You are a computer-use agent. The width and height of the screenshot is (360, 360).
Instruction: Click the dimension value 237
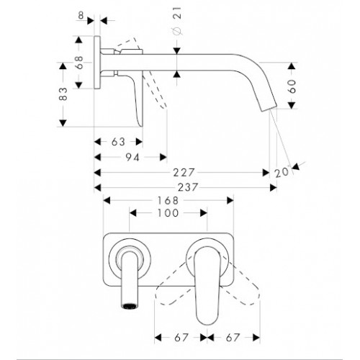tap(188, 187)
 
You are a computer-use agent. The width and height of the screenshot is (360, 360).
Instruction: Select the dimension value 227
tap(184, 173)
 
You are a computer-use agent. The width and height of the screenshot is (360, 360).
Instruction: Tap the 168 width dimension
tap(168, 200)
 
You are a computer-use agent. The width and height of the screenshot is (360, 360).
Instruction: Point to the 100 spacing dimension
tap(168, 213)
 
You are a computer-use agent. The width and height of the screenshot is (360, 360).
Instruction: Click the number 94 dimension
tap(132, 158)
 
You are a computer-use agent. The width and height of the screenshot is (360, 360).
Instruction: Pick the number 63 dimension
tap(118, 142)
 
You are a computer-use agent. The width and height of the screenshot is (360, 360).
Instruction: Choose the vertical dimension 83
tap(63, 94)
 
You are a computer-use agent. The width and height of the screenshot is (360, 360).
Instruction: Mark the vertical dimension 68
tap(78, 63)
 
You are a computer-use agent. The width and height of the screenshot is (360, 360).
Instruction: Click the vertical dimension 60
tap(292, 86)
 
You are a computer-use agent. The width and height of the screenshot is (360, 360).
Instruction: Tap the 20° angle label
tap(282, 172)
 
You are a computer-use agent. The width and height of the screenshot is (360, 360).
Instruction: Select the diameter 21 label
tap(177, 21)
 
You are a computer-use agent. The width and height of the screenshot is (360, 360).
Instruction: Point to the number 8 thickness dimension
tap(81, 16)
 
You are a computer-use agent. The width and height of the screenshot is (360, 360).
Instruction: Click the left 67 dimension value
tap(181, 338)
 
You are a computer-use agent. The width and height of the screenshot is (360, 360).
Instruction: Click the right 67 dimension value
tap(233, 338)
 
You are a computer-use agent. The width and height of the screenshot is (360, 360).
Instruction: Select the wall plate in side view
tap(97, 63)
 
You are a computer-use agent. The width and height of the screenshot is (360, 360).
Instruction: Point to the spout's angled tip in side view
tap(269, 107)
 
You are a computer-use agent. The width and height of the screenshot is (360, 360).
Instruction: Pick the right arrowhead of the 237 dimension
tap(274, 187)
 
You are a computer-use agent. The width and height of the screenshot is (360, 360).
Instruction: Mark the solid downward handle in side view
tap(136, 101)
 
